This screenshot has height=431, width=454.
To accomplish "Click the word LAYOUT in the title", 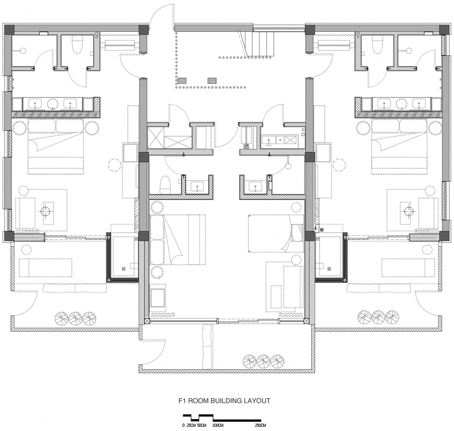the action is pyautogui.click(x=257, y=401).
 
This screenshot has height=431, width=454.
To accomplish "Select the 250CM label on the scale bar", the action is pyautogui.click(x=260, y=425).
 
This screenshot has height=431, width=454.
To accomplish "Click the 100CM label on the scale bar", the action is pyautogui.click(x=218, y=425).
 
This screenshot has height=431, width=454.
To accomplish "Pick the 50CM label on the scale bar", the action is pyautogui.click(x=202, y=425).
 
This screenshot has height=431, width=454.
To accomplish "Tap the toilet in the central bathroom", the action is pyautogui.click(x=166, y=185).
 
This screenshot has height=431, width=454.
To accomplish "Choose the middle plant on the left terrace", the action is pyautogui.click(x=75, y=318).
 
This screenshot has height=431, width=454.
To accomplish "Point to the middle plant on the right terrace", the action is pyautogui.click(x=378, y=317).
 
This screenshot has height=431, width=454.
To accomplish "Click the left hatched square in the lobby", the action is pyautogui.click(x=182, y=81).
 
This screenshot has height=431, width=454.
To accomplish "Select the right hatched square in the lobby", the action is pyautogui.click(x=212, y=81).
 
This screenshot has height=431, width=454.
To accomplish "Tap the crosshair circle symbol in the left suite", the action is pyautogui.click(x=45, y=211).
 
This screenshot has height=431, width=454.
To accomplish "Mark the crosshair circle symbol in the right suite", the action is pyautogui.click(x=409, y=211).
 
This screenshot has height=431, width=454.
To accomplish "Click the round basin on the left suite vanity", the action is pyautogui.click(x=52, y=103).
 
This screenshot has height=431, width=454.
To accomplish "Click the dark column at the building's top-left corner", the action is pyautogui.click(x=9, y=29).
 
